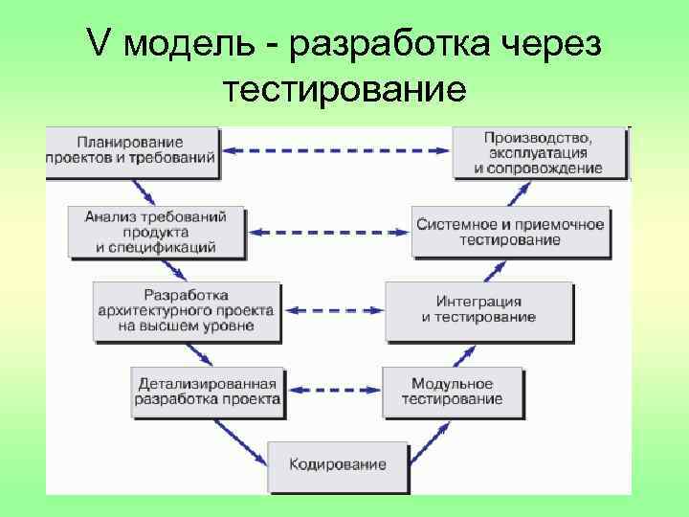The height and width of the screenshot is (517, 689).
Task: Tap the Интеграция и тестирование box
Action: tap(478, 310)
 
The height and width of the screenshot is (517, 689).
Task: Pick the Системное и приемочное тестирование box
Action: tap(509, 232)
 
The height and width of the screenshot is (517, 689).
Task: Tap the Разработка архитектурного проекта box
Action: tap(186, 311)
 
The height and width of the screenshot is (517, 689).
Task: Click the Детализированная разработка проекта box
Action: tap(208, 391)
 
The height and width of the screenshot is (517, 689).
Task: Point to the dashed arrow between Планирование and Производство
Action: tap(336, 150)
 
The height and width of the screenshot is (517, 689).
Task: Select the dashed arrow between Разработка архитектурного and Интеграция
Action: tap(333, 310)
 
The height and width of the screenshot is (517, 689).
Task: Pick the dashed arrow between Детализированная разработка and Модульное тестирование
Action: tap(333, 390)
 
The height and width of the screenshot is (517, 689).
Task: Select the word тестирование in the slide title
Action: tap(344, 90)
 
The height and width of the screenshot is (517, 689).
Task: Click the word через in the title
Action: tap(556, 44)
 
